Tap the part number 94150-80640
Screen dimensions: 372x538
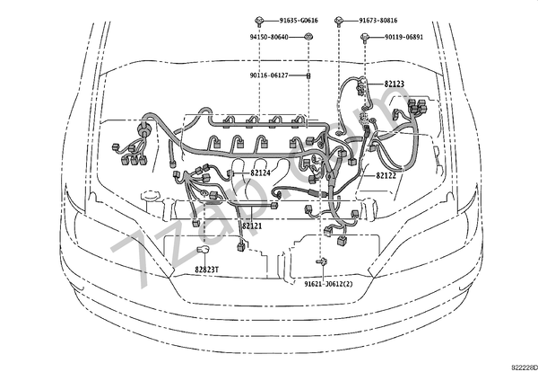pyautogui.click(x=274, y=37)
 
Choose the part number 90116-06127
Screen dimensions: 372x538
pyautogui.click(x=275, y=75)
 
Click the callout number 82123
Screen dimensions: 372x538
pyautogui.click(x=395, y=84)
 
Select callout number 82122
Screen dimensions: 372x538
pyautogui.click(x=386, y=176)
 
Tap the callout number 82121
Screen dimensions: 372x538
pyautogui.click(x=252, y=226)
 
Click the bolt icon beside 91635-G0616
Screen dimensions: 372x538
pyautogui.click(x=258, y=19)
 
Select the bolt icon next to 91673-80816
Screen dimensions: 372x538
pyautogui.click(x=341, y=19)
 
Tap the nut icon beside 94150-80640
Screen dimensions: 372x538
pyautogui.click(x=308, y=37)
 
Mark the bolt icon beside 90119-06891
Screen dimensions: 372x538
pyautogui.click(x=367, y=37)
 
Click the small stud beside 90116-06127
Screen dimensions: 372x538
pyautogui.click(x=308, y=76)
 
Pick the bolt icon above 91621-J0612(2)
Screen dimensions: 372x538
pyautogui.click(x=320, y=261)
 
